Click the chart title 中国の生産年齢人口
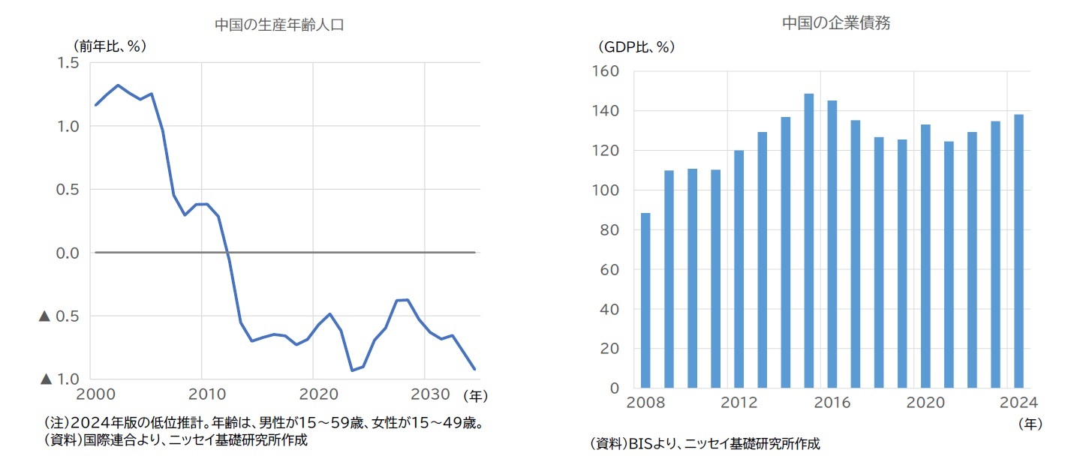point(278,25)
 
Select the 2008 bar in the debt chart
point(645,300)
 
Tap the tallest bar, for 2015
point(809,240)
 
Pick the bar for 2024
point(1018,251)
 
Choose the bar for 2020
point(925,256)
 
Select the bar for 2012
point(739,268)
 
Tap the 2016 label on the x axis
point(832,402)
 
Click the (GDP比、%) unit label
point(636,46)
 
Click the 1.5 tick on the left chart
point(68,63)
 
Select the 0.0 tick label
point(68,253)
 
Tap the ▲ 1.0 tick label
point(59,379)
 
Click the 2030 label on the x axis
point(425,394)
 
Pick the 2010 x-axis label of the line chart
point(202,394)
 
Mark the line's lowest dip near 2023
point(352,370)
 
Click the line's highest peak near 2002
point(118,85)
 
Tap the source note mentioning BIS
point(705,444)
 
